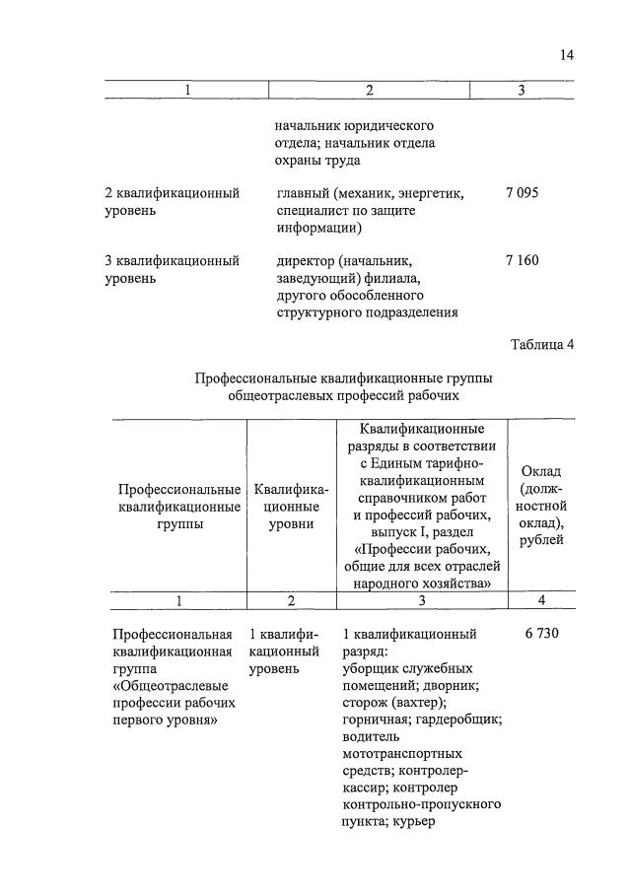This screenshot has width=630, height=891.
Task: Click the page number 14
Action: click(566, 55)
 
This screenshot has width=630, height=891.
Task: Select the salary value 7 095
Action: click(522, 193)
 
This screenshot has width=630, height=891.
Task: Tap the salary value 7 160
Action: click(522, 261)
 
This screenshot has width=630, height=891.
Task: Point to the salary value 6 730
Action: click(542, 633)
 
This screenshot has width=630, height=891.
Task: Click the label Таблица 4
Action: click(541, 345)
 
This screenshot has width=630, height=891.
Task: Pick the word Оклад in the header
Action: click(542, 470)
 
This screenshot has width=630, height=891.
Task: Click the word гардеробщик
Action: click(457, 720)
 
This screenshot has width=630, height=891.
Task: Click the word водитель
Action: click(371, 737)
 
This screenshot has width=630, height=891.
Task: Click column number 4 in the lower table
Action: click(541, 600)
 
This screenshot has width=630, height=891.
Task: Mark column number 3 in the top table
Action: click(522, 91)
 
